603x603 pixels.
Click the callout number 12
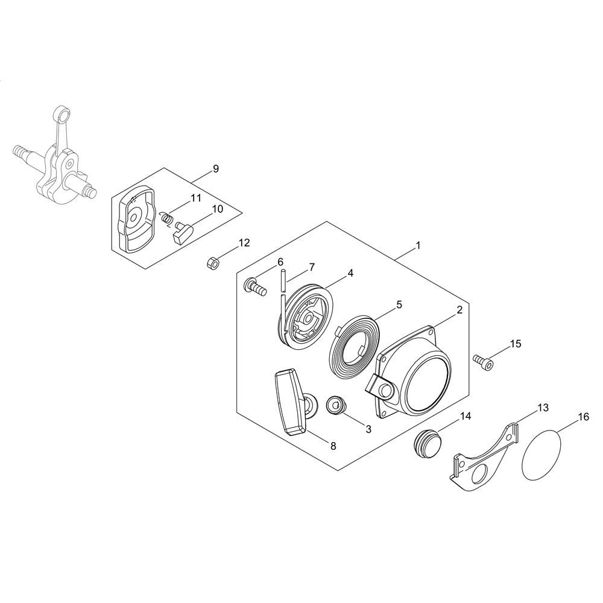(244, 243)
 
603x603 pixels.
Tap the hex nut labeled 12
(212, 263)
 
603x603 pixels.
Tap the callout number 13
(543, 408)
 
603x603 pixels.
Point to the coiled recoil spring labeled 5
(355, 349)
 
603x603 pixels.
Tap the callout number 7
(311, 266)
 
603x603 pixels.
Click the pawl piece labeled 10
(182, 232)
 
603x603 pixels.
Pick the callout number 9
(215, 169)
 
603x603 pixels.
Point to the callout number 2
(459, 310)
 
